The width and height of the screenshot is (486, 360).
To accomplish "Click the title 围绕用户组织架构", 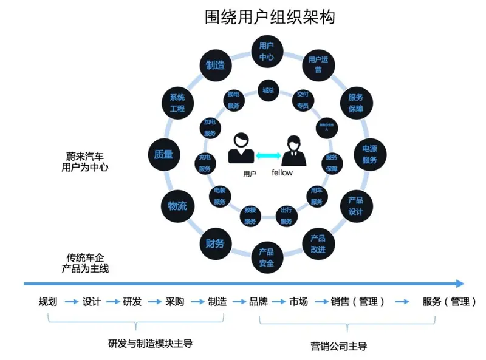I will (270, 17).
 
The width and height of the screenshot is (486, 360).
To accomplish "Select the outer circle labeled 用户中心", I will (267, 52).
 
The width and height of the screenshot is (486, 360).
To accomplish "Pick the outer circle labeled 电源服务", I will (369, 154).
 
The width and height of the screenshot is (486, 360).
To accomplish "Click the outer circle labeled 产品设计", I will (355, 206).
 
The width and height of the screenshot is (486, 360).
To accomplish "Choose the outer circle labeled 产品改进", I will (318, 243).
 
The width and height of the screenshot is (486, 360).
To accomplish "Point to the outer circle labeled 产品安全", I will (267, 257).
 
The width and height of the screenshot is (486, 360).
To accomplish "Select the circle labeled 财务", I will (215, 243).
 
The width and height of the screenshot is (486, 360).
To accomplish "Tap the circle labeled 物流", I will (177, 206).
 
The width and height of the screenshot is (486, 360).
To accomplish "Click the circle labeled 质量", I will (163, 154).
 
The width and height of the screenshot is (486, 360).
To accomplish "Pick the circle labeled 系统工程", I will (177, 103).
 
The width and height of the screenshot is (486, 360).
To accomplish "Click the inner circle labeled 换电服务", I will (233, 100).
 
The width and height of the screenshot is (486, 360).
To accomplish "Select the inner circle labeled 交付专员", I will (302, 100).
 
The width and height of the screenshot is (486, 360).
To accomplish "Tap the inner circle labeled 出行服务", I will (286, 216).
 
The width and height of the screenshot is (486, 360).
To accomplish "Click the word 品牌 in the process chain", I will (258, 302).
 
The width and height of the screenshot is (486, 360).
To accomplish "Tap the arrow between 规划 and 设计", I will (70, 302).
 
